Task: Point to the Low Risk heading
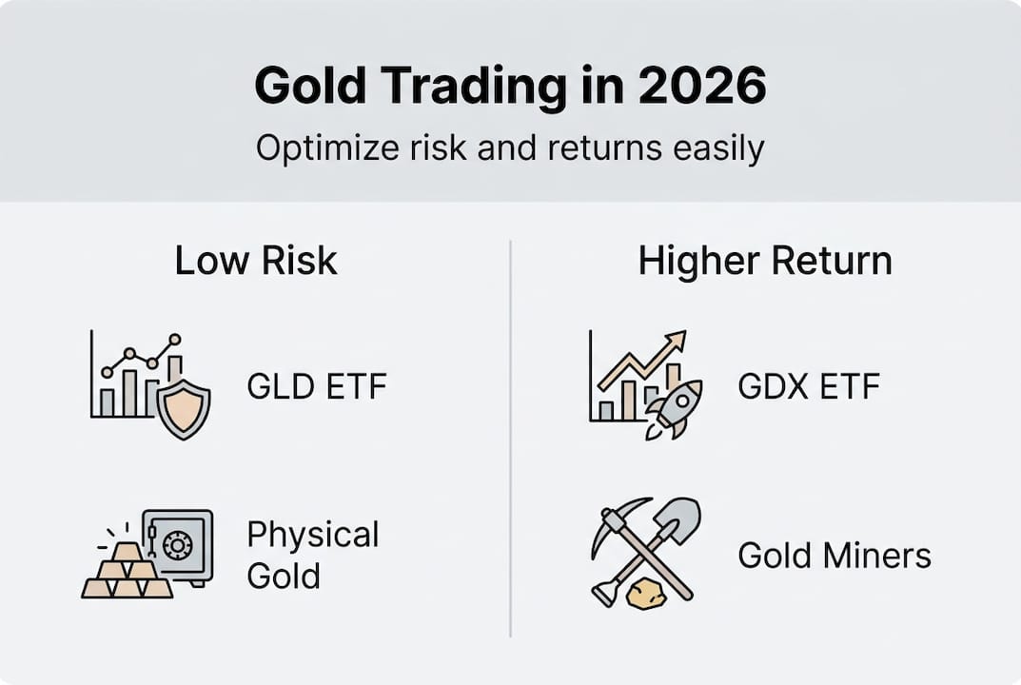(x=256, y=261)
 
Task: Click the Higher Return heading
(x=765, y=261)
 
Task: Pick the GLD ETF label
(x=317, y=387)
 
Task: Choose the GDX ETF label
(x=809, y=387)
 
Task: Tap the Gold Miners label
(x=834, y=556)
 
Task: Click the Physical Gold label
(x=313, y=555)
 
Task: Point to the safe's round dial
(x=178, y=544)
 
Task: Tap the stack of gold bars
(x=127, y=573)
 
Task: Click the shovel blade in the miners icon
(x=681, y=519)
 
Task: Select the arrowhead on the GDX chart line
(x=677, y=341)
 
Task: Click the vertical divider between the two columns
(x=511, y=438)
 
